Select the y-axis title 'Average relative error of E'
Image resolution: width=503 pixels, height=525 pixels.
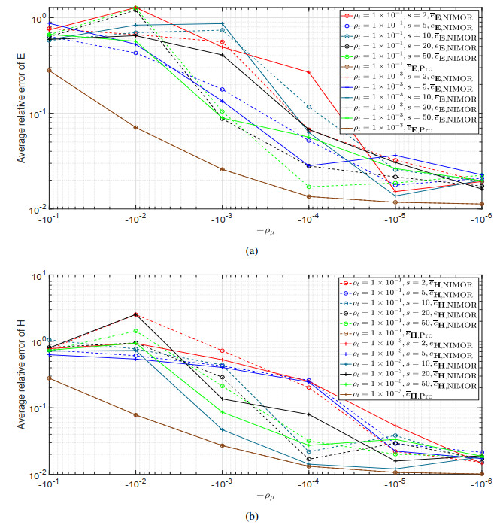(10, 106)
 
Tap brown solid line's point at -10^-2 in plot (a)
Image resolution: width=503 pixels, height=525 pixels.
(135, 127)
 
